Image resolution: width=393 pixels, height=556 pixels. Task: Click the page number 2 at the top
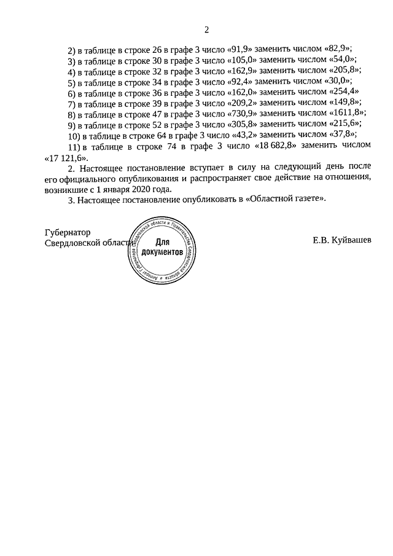(x=207, y=30)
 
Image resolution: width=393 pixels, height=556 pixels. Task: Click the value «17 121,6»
(x=63, y=157)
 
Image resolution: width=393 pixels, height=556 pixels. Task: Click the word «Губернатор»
(x=68, y=233)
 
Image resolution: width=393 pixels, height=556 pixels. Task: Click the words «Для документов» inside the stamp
(x=161, y=248)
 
